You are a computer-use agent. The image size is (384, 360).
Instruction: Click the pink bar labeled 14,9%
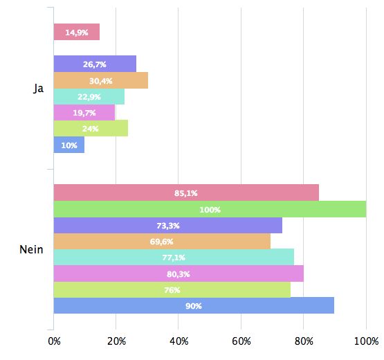tap(76, 33)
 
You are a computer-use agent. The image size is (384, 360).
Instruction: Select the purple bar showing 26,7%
tap(95, 64)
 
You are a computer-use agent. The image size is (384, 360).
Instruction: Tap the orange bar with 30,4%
tap(100, 80)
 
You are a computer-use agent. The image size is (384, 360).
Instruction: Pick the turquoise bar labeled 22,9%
tap(89, 96)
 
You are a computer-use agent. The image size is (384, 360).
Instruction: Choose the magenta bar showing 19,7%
tap(84, 112)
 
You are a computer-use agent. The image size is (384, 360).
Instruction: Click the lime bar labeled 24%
tap(91, 128)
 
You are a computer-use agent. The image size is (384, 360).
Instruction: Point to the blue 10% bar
tap(68, 145)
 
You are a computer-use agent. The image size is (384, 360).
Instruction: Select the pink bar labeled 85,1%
tap(186, 193)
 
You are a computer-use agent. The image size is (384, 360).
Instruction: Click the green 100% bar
tap(210, 209)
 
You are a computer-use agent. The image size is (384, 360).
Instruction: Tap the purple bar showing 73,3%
tap(167, 225)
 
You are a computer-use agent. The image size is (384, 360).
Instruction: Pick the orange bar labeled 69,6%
tap(162, 241)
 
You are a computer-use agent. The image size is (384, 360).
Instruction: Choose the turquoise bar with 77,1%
tap(174, 258)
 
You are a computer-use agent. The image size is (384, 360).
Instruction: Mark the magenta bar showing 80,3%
tap(179, 273)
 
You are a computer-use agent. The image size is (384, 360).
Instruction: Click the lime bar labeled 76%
tap(172, 289)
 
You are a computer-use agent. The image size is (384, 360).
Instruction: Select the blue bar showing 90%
tap(194, 305)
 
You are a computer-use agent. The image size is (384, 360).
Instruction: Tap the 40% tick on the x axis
tap(179, 341)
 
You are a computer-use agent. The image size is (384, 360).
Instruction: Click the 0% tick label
tap(55, 341)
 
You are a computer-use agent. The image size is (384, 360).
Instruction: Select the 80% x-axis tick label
tap(303, 341)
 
